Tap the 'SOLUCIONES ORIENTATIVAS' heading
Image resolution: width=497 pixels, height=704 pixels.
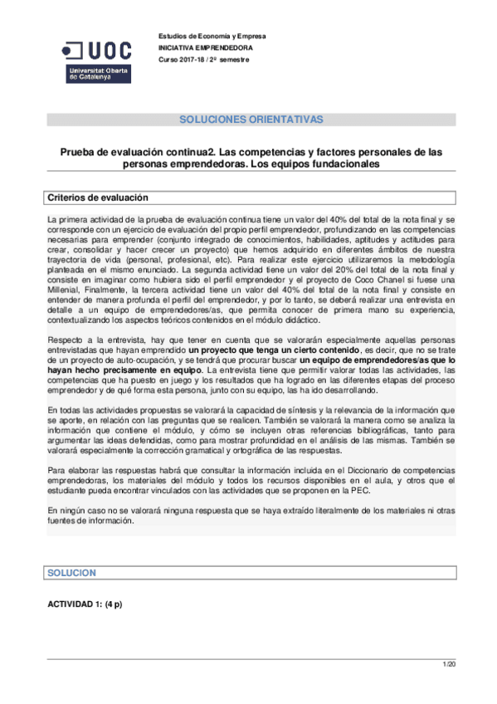(x=251, y=120)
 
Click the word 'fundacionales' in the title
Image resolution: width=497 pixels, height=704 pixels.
(x=338, y=164)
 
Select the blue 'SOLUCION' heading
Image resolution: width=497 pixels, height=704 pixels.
(x=72, y=574)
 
